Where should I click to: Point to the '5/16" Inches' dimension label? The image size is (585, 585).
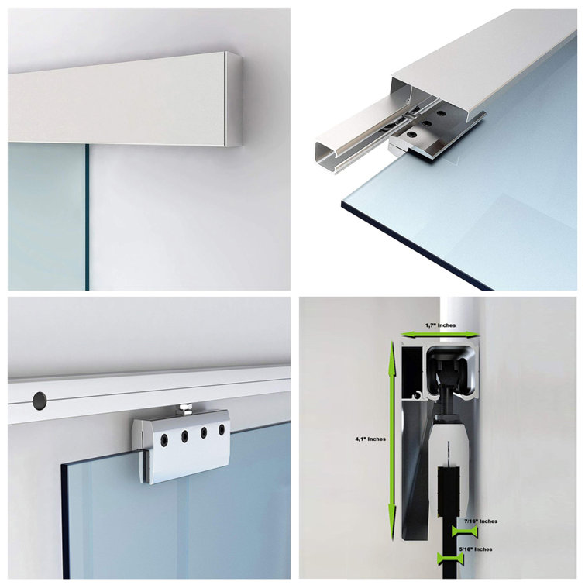click(x=476, y=549)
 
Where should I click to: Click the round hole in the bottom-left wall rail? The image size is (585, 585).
click(x=39, y=401)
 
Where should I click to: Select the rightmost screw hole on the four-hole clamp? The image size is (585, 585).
click(x=221, y=429)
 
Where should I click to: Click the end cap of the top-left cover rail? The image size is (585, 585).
click(x=233, y=98)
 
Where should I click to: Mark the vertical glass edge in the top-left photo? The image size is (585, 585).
click(x=88, y=217)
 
